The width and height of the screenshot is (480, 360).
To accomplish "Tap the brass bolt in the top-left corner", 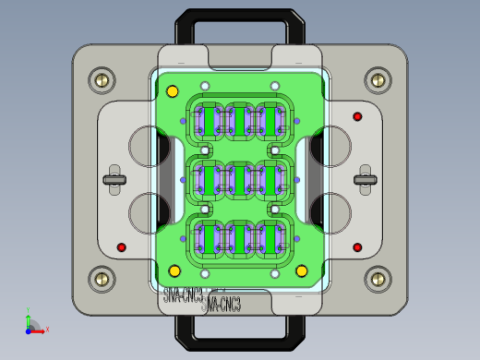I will click(102, 79).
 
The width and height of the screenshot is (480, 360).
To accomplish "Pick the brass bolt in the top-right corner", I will click(378, 79).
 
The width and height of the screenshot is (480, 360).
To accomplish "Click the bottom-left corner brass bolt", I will click(102, 278).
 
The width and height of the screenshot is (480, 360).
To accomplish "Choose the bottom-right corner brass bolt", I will click(378, 278).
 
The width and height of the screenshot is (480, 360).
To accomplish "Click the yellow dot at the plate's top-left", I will click(172, 91).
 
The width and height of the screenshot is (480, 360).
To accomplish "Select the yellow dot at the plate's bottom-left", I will click(174, 270).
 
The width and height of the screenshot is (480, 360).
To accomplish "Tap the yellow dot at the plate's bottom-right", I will click(301, 270).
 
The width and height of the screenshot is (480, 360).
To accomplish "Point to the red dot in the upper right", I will click(357, 116).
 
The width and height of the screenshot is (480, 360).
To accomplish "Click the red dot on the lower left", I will click(121, 247).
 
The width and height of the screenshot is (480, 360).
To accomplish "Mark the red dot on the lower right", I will click(357, 247).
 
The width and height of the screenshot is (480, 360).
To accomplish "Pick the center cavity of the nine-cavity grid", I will click(239, 179).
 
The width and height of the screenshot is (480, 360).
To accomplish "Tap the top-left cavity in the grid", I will click(207, 121).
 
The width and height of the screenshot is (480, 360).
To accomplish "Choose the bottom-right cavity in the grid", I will click(272, 238).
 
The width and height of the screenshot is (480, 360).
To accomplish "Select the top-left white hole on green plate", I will click(205, 86).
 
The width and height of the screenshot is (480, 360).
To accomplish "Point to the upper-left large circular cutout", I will click(148, 145).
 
